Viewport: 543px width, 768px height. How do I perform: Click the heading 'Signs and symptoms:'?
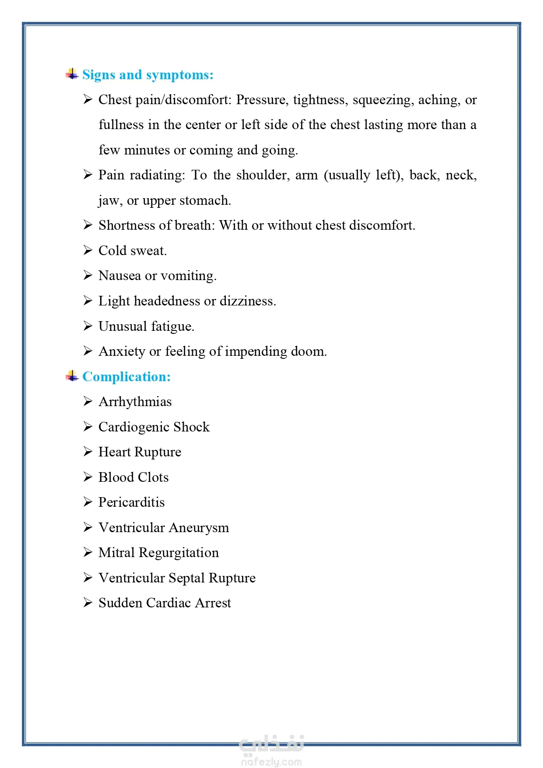[147, 75]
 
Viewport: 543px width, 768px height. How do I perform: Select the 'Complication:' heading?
[126, 377]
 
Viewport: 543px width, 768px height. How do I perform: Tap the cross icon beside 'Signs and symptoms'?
[72, 74]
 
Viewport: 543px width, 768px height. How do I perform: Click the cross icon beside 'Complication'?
[72, 376]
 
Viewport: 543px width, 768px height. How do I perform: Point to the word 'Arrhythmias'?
[135, 402]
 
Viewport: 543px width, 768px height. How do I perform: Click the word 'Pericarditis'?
[132, 502]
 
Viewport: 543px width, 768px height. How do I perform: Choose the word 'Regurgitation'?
[179, 553]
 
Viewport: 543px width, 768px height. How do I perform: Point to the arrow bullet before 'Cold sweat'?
[88, 250]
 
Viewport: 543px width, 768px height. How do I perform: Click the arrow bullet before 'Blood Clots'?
[88, 477]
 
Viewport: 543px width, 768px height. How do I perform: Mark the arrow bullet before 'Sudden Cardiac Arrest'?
[88, 603]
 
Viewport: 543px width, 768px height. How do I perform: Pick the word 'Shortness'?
[127, 225]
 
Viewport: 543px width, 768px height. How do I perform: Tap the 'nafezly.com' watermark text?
[271, 762]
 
